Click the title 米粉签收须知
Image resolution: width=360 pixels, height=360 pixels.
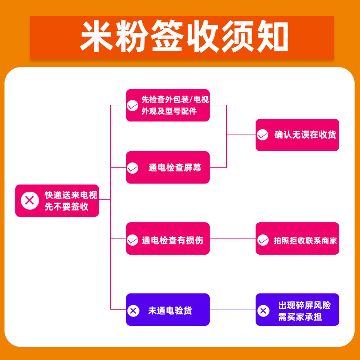182,37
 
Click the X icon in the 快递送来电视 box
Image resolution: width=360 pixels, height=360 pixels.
30,200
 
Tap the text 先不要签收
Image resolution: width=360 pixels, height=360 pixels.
67,207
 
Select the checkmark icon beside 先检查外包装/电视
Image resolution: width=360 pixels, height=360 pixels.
132,106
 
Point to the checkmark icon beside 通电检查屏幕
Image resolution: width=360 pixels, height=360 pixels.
132,168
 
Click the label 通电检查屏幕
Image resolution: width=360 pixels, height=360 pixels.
175,168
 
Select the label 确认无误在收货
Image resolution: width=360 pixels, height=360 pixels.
305,135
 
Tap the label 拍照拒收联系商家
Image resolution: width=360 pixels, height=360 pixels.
305,240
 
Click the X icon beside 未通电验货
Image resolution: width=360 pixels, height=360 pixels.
133,310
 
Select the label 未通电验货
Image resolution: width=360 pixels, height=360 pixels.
170,310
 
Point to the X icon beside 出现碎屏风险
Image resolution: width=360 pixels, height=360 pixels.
263,310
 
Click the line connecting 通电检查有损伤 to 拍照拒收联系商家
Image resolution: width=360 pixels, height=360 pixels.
233,238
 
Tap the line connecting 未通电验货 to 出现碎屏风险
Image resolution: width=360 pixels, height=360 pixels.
233,310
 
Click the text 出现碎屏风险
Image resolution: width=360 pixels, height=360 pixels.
304,305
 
